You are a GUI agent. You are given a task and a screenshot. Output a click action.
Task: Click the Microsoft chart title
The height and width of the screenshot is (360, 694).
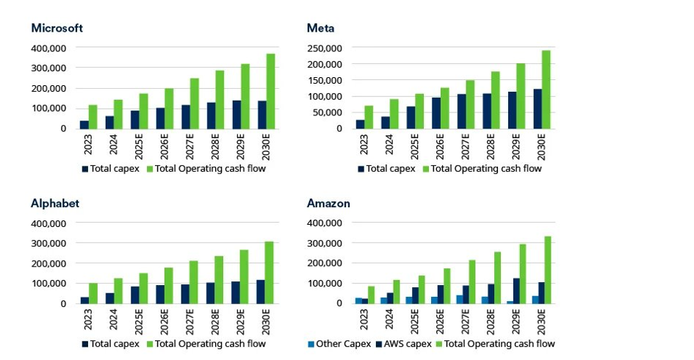click(x=57, y=28)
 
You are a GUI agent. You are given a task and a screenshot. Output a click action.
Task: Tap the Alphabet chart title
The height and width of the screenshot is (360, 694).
click(x=54, y=204)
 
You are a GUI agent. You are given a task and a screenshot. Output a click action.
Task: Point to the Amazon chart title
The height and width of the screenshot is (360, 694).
click(x=328, y=204)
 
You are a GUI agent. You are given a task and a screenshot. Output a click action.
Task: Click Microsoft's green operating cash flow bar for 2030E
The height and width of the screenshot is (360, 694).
click(x=270, y=91)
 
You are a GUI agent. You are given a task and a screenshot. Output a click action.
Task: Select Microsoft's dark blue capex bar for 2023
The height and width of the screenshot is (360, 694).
click(x=84, y=124)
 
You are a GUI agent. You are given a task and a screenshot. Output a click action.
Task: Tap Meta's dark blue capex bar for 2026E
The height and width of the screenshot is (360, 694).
click(x=436, y=113)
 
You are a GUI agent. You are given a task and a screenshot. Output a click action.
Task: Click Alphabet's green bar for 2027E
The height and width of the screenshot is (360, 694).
click(x=194, y=282)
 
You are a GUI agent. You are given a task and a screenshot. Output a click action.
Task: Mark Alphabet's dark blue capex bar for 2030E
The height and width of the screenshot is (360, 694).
click(x=261, y=291)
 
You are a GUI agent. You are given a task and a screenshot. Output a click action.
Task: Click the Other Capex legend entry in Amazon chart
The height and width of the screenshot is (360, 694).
click(x=339, y=344)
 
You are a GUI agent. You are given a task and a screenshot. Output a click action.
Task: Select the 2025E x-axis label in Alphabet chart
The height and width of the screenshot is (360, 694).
click(x=135, y=320)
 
